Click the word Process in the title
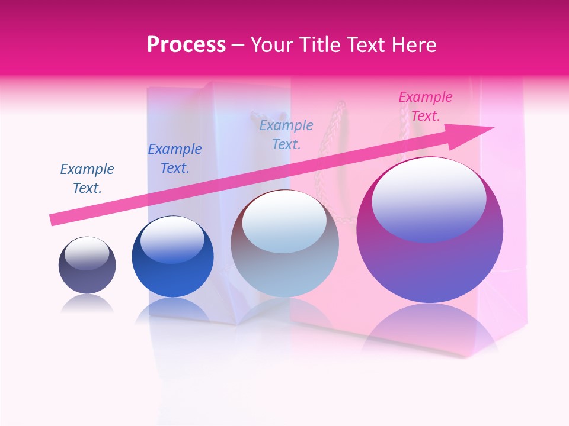coord(186,44)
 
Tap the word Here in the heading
coord(413,44)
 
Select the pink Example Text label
coord(425,106)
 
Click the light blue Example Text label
coord(286,134)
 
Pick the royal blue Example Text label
coord(175,159)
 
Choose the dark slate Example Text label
coord(87,178)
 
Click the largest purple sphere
coord(430,266)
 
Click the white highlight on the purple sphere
coord(429,198)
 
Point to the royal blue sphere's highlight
coord(172,240)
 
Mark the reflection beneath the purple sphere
coord(430,328)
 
